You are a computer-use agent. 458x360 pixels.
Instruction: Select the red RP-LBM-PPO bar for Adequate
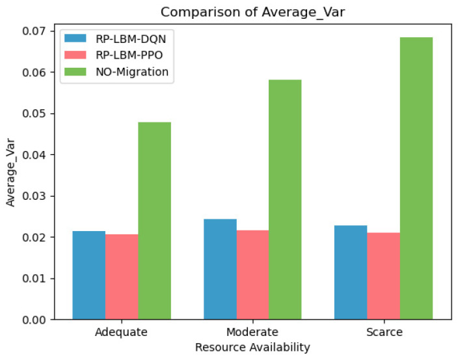(122, 277)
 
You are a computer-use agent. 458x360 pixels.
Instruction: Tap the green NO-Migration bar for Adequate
(154, 221)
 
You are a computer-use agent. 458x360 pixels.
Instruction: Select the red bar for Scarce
(383, 276)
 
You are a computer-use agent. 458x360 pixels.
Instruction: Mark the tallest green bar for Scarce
(416, 178)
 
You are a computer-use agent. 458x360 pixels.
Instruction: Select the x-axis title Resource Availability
(252, 348)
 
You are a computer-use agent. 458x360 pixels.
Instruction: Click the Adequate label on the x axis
(121, 332)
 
